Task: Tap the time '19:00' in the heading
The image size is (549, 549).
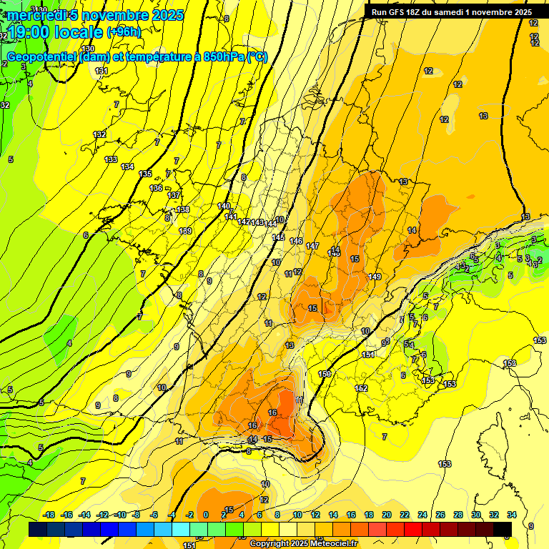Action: (31, 32)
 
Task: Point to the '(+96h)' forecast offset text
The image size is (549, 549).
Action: (124, 32)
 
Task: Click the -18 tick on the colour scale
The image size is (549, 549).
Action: (49, 515)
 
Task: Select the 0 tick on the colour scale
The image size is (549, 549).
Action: (206, 515)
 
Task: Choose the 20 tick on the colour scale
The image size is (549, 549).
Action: (386, 515)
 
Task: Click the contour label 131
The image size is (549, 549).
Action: (102, 71)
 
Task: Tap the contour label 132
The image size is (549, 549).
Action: (99, 134)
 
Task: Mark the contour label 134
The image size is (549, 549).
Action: (127, 167)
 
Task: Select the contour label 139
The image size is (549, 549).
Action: (185, 231)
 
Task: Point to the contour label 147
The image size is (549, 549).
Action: (312, 246)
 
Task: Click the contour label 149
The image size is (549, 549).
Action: (375, 276)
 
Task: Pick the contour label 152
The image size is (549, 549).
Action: (361, 388)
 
